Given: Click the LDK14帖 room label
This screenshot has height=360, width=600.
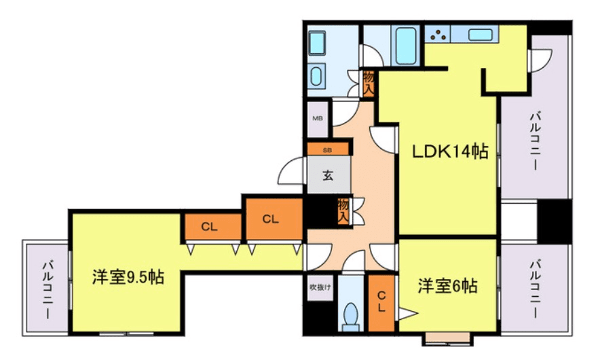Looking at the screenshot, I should [x=451, y=151].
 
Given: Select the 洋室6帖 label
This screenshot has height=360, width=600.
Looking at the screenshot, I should [x=447, y=286].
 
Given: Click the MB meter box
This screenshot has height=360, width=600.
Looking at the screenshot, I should [x=318, y=118].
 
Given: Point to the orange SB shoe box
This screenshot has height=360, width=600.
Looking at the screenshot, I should [x=328, y=149].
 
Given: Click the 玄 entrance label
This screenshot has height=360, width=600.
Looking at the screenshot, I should [x=328, y=176].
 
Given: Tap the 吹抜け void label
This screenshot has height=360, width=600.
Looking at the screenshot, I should [x=320, y=287].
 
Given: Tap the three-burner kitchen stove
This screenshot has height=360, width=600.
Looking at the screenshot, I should [x=438, y=34].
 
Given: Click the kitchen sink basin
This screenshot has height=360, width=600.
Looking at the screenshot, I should [x=480, y=34].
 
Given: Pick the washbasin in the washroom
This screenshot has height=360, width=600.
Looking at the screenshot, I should [x=317, y=76].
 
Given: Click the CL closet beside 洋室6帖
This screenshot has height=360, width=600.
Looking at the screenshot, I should [x=382, y=301].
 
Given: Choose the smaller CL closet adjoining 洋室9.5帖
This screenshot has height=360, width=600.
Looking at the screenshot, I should [x=210, y=227].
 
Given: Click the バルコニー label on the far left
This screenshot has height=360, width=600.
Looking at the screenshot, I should [x=47, y=289].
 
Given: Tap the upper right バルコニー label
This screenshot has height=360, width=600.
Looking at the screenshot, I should [x=534, y=141].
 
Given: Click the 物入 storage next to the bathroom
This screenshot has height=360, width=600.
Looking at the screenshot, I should [x=369, y=83].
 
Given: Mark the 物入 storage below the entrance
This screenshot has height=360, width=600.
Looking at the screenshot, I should [x=343, y=210].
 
